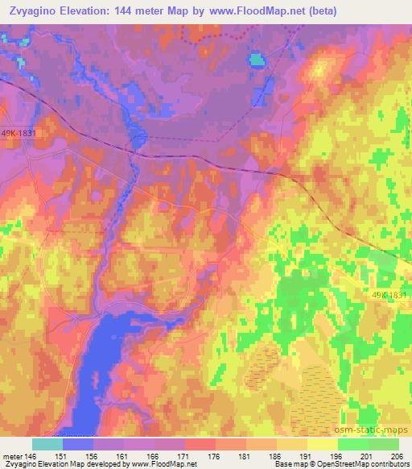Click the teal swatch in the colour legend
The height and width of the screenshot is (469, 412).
[47, 444]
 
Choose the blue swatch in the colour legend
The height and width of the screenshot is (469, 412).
[78, 444]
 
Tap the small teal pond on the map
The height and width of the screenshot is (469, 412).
[257, 59]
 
